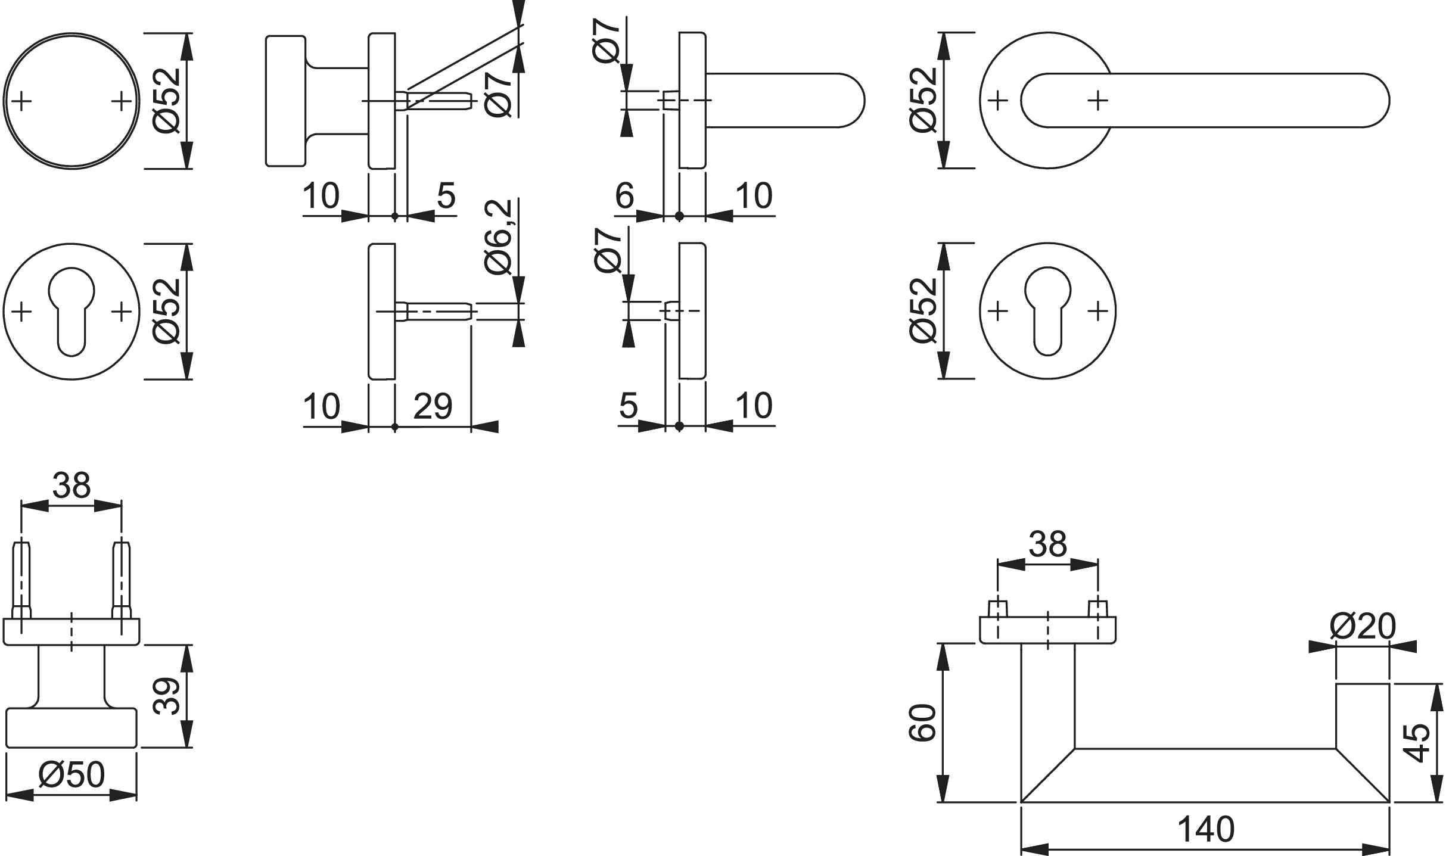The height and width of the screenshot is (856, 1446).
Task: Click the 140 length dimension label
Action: tap(1206, 829)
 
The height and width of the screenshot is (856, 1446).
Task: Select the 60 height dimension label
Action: tap(922, 722)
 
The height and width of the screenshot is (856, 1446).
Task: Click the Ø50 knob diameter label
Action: tap(71, 775)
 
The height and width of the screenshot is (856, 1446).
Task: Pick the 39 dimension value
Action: tap(167, 695)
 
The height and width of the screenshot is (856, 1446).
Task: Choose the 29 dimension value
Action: tap(433, 406)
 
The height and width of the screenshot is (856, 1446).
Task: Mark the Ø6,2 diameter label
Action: tap(499, 237)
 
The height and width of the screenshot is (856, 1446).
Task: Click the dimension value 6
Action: tap(624, 195)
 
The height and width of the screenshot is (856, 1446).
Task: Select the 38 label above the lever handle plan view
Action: tap(1048, 544)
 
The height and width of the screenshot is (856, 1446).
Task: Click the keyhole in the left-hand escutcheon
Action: tap(71, 310)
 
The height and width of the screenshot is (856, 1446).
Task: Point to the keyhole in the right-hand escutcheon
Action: tap(1048, 310)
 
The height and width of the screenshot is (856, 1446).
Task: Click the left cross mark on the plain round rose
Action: tap(21, 101)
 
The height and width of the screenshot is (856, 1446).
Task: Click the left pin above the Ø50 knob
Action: tap(21, 579)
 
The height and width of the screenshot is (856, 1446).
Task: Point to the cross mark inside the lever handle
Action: tap(1097, 101)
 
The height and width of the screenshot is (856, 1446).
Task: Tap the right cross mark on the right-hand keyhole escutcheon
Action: tap(1097, 310)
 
